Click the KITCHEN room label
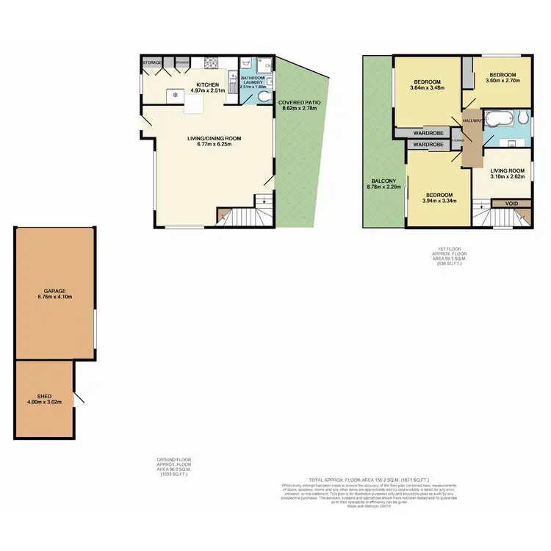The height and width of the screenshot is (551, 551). [206, 84]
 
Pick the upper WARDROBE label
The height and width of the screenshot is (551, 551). [426, 133]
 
